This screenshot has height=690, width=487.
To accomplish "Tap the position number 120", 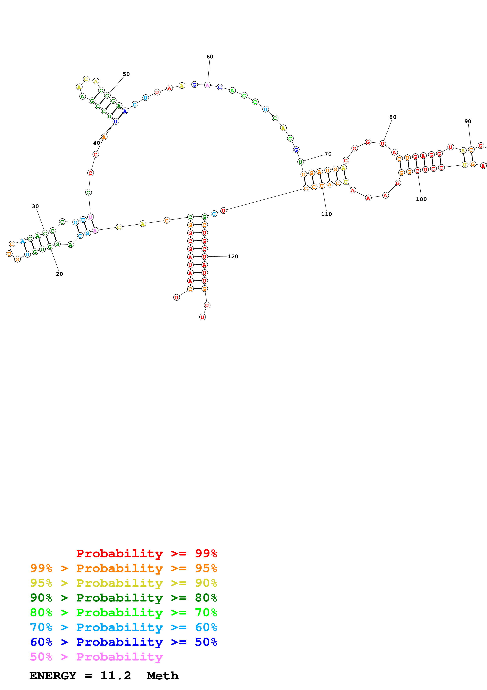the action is tap(233, 256).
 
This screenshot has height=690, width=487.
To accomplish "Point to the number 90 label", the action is tap(468, 121).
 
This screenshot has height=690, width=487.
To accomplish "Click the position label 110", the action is tap(327, 214).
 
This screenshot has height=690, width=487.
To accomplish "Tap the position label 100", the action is tap(421, 199).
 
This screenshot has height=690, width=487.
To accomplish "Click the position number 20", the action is tap(59, 274).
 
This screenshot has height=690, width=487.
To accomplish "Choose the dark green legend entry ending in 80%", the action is tap(123, 598).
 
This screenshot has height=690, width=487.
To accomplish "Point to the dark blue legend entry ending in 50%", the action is tap(123, 642).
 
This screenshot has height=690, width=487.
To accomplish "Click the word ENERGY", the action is tap(53, 676).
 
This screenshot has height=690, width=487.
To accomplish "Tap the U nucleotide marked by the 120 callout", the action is tap(204, 257).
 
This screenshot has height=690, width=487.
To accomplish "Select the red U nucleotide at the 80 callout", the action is tap(382, 144).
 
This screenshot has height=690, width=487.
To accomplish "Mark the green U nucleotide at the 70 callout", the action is tap(300, 162).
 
